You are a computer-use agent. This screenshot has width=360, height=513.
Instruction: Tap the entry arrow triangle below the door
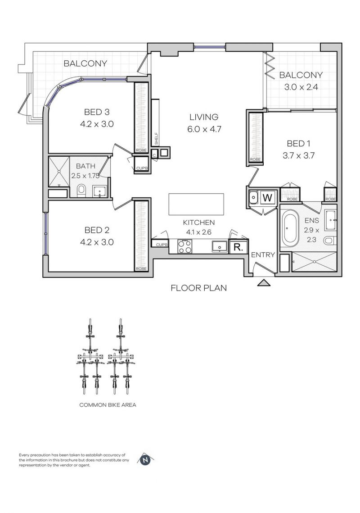pyautogui.click(x=264, y=283)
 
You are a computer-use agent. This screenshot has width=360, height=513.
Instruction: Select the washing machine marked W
pyautogui.click(x=267, y=198)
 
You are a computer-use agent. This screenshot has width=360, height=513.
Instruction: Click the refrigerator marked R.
pyautogui.click(x=238, y=247)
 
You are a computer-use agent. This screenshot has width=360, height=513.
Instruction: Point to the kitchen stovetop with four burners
pyautogui.click(x=184, y=246)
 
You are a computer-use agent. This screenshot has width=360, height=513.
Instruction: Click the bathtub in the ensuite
pyautogui.click(x=289, y=228)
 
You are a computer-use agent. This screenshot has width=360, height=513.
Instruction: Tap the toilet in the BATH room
pyautogui.click(x=81, y=191)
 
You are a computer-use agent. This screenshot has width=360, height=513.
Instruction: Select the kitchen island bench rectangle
pyautogui.click(x=196, y=204)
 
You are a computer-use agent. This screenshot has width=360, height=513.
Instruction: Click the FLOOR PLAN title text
pyautogui.click(x=199, y=288)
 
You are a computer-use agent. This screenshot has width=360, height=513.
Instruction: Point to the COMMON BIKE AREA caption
pyautogui.click(x=108, y=405)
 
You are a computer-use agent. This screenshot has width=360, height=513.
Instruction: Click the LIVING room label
pyautogui.click(x=204, y=117)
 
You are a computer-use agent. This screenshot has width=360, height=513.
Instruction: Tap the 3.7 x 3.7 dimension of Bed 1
pyautogui.click(x=298, y=155)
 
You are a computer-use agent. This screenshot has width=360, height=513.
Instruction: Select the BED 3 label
pyautogui.click(x=97, y=112)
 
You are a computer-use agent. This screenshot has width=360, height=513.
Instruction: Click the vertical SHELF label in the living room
pyautogui.click(x=156, y=138)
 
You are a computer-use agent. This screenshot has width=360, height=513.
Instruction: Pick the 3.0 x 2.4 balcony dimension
pyautogui.click(x=301, y=87)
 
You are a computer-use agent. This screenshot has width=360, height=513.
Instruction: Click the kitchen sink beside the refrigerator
pyautogui.click(x=220, y=246)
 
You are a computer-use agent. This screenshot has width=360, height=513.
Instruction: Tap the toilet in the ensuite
pyautogui.click(x=329, y=241)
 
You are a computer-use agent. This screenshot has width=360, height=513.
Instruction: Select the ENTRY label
pyautogui.click(x=263, y=255)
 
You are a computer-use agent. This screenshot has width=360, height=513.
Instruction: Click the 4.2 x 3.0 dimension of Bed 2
pyautogui.click(x=97, y=242)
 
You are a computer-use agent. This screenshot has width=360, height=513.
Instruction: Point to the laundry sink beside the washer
pyautogui.click(x=253, y=197)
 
